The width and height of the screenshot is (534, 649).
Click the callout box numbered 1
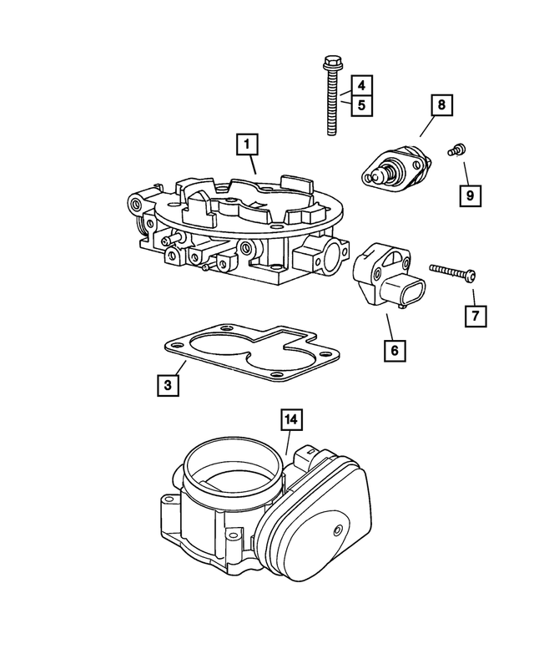click(246, 144)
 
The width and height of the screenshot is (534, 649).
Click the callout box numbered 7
click(475, 316)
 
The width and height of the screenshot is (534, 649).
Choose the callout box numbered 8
click(440, 106)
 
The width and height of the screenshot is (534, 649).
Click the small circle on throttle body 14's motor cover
click(336, 531)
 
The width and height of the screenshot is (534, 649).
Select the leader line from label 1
click(252, 165)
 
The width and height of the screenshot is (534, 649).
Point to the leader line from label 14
click(288, 442)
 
